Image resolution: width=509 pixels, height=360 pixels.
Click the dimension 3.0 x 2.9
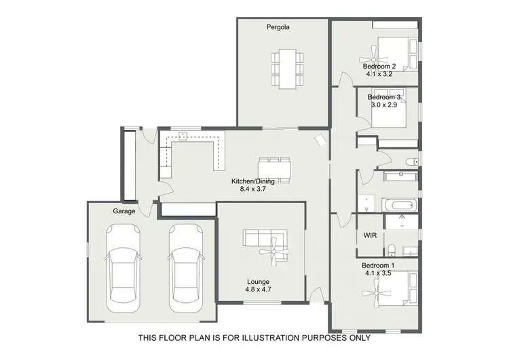click(385, 105)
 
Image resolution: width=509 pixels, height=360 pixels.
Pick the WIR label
click(370, 235)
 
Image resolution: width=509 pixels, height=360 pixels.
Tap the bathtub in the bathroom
click(398, 204)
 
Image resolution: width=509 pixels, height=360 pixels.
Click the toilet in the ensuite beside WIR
click(392, 247)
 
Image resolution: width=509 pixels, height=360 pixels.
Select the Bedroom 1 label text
click(378, 265)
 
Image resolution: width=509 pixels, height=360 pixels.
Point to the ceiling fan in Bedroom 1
click(374, 293)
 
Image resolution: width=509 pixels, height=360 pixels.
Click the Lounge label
click(258, 281)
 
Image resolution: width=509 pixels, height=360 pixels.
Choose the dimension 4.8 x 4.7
click(258, 290)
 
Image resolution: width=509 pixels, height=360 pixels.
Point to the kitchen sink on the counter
click(182, 134)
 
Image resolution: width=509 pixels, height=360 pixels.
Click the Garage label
click(124, 211)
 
